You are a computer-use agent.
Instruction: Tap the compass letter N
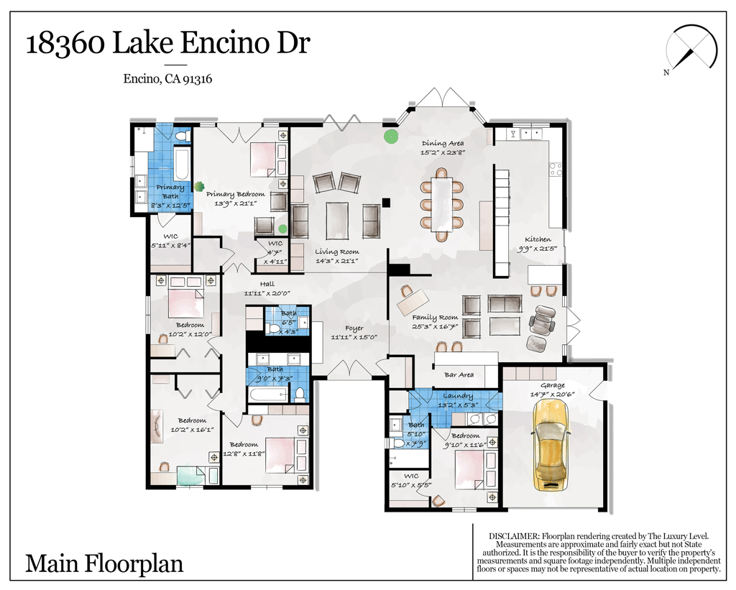point(666,73)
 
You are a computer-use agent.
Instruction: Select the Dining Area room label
point(443,143)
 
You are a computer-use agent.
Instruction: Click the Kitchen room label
point(538,239)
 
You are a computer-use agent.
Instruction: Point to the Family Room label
point(435,318)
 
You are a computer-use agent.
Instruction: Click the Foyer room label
point(354,328)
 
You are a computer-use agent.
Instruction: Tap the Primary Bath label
point(170,191)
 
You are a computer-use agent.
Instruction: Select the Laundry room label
point(458,396)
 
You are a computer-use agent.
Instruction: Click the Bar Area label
point(459,374)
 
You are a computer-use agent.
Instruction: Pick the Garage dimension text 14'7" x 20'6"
point(553,395)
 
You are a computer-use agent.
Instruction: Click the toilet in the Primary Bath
point(181,136)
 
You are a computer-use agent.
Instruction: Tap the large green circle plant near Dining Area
point(390,137)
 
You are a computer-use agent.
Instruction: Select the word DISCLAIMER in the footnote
point(514,536)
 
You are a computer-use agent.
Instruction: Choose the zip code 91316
point(197,79)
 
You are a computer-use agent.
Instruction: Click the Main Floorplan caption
point(104,563)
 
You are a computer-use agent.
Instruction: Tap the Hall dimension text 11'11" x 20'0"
point(267,293)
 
